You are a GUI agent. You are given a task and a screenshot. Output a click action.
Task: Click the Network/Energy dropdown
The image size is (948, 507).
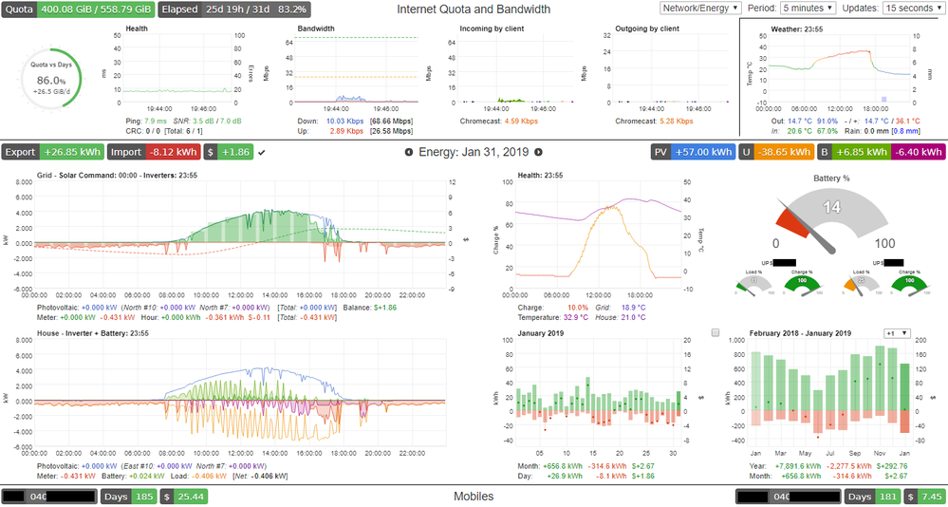click(700, 8)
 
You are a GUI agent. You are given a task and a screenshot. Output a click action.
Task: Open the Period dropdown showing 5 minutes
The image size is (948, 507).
click(808, 8)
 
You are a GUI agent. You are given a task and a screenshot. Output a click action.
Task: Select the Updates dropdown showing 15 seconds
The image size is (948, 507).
click(911, 8)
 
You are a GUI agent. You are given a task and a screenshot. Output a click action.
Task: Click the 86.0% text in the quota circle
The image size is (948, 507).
click(49, 82)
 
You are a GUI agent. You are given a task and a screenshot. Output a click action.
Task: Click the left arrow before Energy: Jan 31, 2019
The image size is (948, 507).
click(409, 152)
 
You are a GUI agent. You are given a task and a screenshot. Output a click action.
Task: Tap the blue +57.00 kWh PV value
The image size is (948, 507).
click(702, 152)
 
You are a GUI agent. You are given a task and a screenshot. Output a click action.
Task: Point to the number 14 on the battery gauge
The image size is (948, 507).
click(831, 208)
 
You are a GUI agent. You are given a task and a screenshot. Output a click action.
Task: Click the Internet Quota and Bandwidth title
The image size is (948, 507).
click(473, 9)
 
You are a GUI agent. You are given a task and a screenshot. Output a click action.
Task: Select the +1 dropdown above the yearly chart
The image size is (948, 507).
click(897, 333)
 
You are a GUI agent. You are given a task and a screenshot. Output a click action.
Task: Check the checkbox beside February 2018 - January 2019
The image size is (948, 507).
click(716, 333)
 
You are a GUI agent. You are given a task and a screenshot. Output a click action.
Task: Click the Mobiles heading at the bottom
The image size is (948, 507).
click(473, 496)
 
